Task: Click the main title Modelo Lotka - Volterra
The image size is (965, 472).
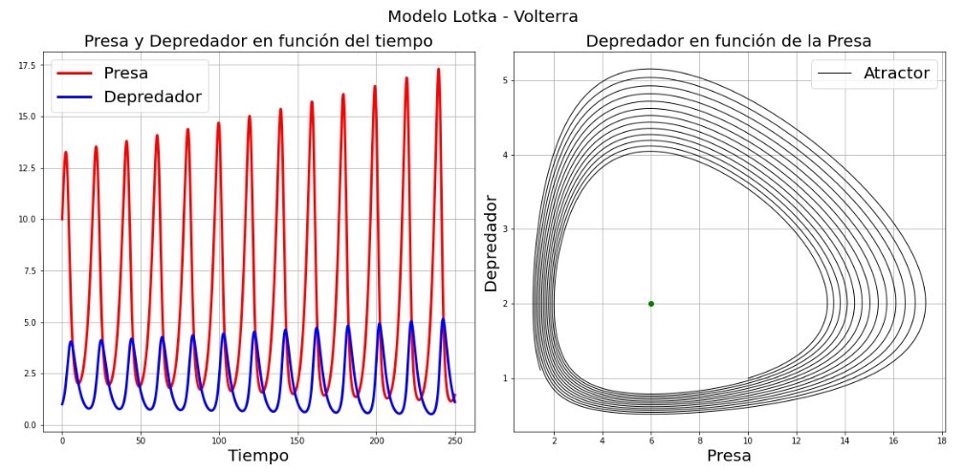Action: [482, 16]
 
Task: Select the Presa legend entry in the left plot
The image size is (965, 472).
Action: [126, 73]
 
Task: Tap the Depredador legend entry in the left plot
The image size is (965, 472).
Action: [152, 97]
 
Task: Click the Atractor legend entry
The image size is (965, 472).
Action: [895, 73]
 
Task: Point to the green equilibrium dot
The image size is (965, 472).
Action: [651, 304]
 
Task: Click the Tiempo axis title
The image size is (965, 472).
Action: [257, 456]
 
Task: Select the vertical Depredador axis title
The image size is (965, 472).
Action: [492, 244]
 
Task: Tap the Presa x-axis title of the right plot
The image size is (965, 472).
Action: [728, 456]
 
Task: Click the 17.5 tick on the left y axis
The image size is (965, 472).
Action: [27, 64]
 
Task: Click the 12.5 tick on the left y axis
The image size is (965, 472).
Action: [27, 167]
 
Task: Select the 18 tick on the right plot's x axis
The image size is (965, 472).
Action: [942, 441]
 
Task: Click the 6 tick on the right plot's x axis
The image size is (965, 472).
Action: [651, 441]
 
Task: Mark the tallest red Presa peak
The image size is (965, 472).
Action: [438, 69]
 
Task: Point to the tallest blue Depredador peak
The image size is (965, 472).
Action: [443, 319]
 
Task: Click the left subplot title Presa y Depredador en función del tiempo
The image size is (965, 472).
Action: [257, 41]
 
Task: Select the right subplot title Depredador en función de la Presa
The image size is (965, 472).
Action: [728, 41]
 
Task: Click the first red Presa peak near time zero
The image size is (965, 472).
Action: [66, 152]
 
